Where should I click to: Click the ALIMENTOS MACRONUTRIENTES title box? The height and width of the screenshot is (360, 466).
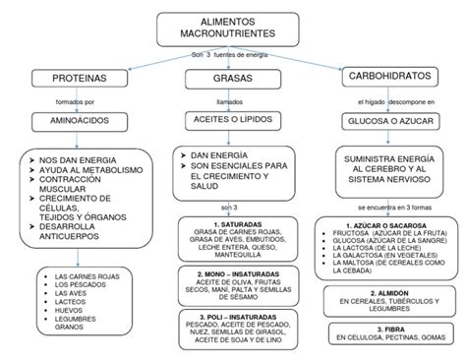[232, 29]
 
